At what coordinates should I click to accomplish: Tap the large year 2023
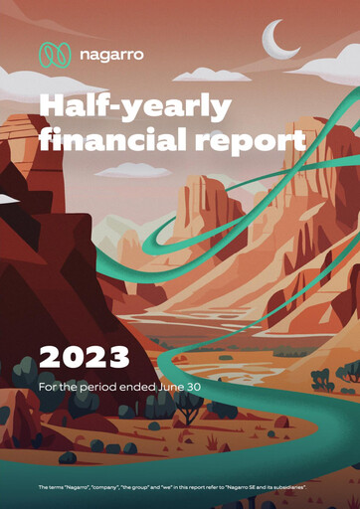point(84,355)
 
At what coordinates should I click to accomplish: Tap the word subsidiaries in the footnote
point(302,486)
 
